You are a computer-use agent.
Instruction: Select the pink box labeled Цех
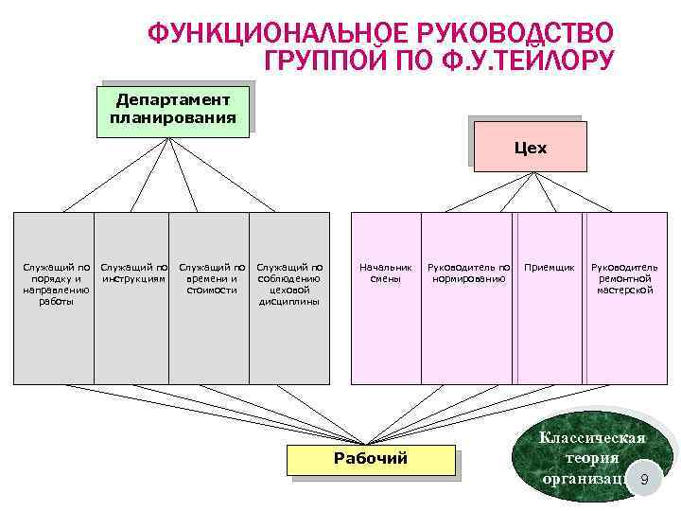click(530, 149)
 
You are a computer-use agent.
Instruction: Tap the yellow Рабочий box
click(371, 459)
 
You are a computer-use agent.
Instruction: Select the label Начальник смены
click(385, 273)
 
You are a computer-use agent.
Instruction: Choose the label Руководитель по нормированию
click(468, 273)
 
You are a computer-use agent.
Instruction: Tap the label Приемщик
click(549, 268)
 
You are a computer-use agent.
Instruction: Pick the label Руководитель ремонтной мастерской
click(624, 279)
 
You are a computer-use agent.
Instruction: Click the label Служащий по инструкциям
click(133, 273)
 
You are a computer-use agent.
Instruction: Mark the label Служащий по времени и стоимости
click(211, 279)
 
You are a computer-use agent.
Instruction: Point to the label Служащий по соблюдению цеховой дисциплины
click(289, 284)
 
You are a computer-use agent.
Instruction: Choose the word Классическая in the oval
click(592, 438)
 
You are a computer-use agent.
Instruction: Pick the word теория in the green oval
click(592, 458)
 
